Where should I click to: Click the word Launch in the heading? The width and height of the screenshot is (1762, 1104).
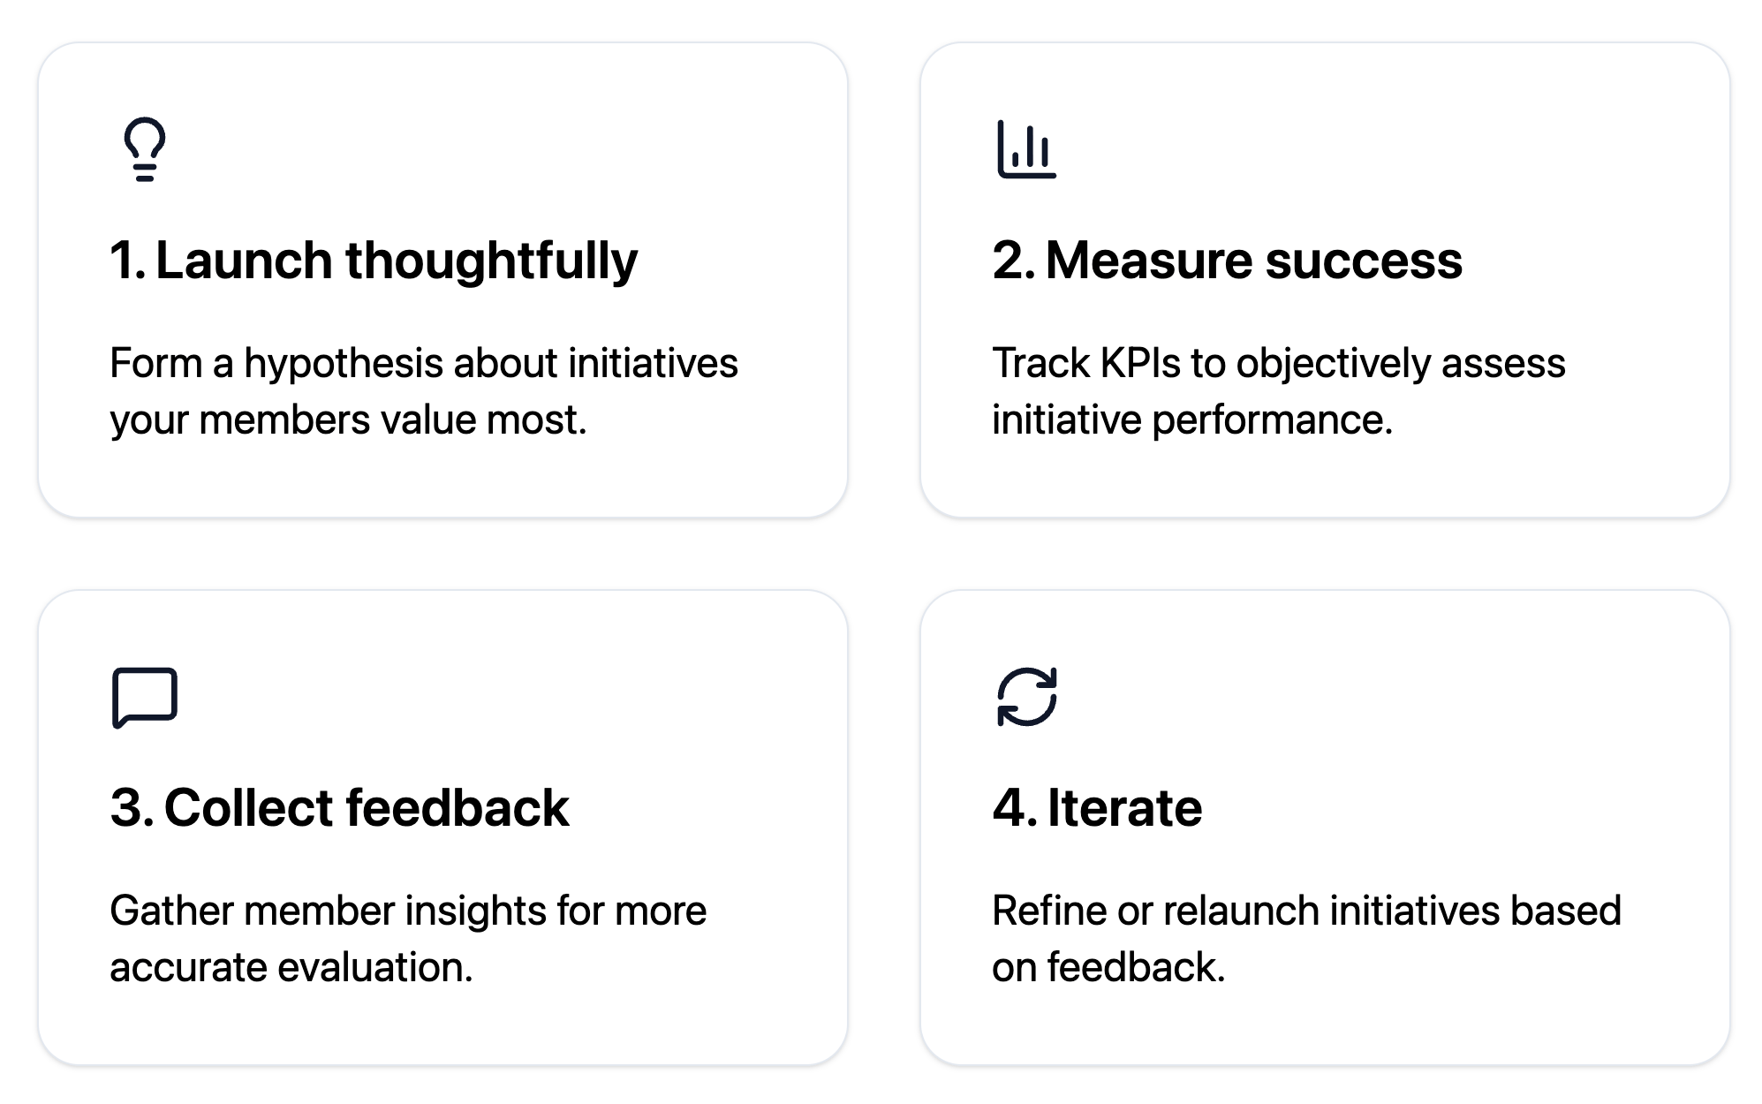[x=244, y=261]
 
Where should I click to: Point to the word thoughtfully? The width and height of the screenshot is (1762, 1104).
[x=491, y=261]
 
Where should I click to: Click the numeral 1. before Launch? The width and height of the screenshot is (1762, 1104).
[x=127, y=261]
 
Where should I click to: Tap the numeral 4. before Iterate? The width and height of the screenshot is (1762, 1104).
[x=1014, y=808]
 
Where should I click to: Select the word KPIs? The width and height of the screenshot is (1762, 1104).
[x=1140, y=363]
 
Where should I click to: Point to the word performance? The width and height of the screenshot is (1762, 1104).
[x=1272, y=420]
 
